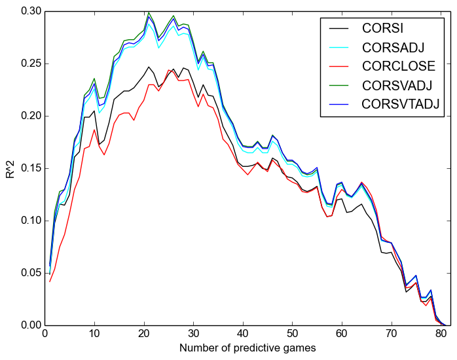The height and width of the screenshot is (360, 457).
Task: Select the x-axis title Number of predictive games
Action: [247, 348]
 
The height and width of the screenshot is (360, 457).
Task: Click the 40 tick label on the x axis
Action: [243, 334]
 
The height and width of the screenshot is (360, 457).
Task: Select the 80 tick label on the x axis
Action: [441, 334]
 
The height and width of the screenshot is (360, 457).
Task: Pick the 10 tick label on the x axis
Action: [94, 334]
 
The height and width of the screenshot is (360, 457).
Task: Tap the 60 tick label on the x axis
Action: [342, 334]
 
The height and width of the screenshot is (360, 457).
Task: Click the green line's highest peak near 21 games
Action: [149, 12]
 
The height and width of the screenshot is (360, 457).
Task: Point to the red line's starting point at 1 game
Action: [50, 281]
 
